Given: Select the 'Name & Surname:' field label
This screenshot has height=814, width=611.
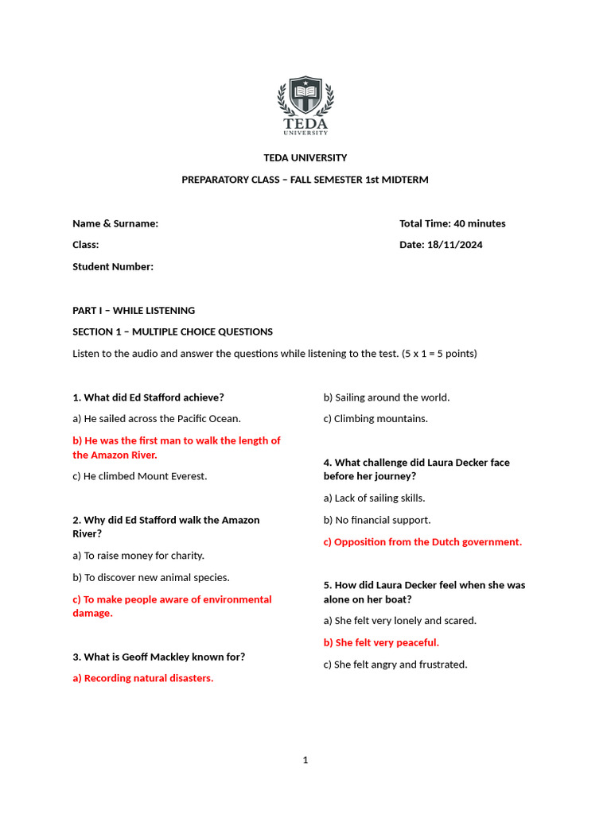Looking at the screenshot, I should tap(115, 223).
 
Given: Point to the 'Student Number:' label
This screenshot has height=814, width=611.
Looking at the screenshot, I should tap(113, 266).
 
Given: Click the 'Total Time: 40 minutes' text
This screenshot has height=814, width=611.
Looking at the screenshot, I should tap(452, 223).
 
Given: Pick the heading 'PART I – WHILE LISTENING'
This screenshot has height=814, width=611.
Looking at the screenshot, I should tap(134, 310).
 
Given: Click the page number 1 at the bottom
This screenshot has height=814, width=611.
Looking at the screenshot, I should tap(305, 760).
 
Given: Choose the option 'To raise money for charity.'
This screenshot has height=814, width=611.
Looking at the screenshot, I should tap(138, 556).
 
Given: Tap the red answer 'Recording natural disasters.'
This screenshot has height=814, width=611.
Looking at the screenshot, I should tap(143, 678).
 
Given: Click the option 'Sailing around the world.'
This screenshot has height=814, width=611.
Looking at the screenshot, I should tap(387, 397).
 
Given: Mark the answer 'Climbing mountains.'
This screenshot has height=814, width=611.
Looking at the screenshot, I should tap(376, 418).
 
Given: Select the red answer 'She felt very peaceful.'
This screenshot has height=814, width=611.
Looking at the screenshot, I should tap(381, 642).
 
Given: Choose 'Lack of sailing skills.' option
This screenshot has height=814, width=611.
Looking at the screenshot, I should tap(374, 498).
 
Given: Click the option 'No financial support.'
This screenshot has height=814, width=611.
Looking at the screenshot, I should tap(377, 520).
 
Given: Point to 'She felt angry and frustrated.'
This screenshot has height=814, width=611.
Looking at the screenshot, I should tap(395, 664).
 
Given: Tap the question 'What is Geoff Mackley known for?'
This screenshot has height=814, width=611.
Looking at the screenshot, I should tap(159, 657).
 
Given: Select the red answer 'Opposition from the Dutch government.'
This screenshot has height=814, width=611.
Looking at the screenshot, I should tap(422, 541).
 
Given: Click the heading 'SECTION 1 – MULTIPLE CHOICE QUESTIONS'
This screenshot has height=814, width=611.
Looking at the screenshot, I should tap(173, 331).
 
